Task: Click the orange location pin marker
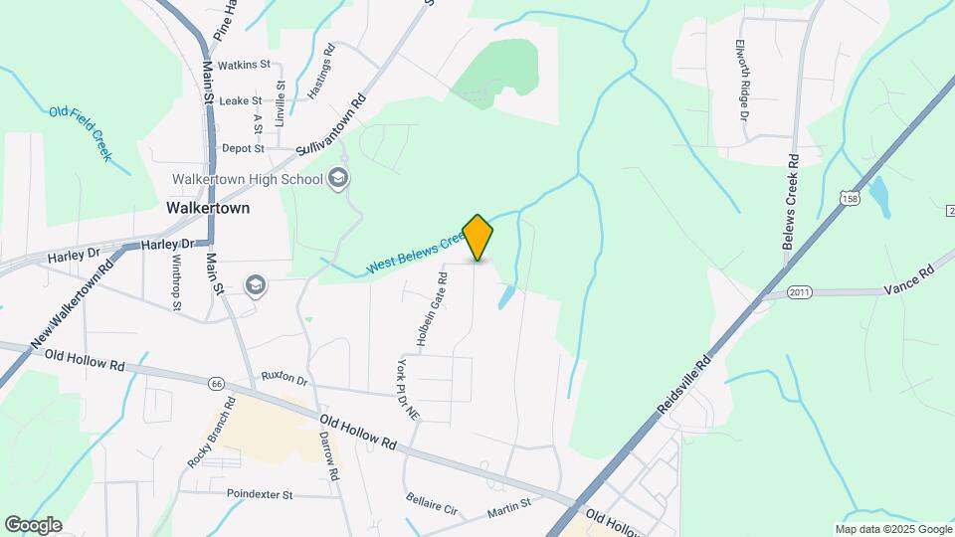478,237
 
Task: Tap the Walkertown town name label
209,209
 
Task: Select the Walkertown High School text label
247,180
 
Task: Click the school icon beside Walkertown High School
338,179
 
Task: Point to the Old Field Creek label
80,133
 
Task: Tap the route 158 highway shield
849,200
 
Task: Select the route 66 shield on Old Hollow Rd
217,383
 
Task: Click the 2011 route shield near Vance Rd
801,292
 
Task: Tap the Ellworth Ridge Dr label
741,80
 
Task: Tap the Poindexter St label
260,493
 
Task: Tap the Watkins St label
244,65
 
